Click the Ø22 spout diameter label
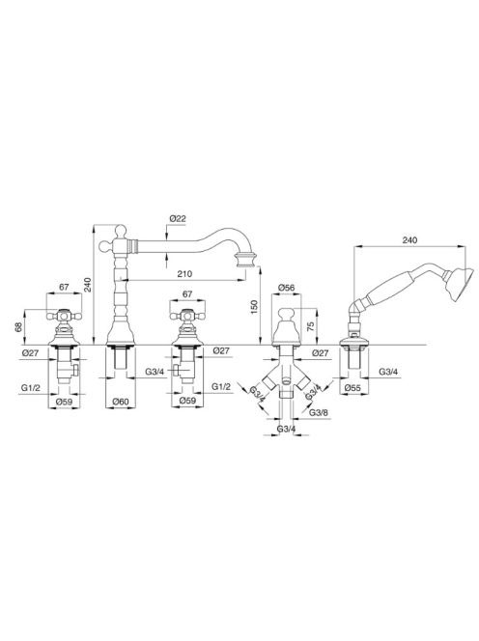178,219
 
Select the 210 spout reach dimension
184,274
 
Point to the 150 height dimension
254,307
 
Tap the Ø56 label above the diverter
286,288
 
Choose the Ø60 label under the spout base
121,402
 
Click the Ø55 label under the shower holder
353,387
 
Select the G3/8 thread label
319,412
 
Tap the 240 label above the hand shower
409,240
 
